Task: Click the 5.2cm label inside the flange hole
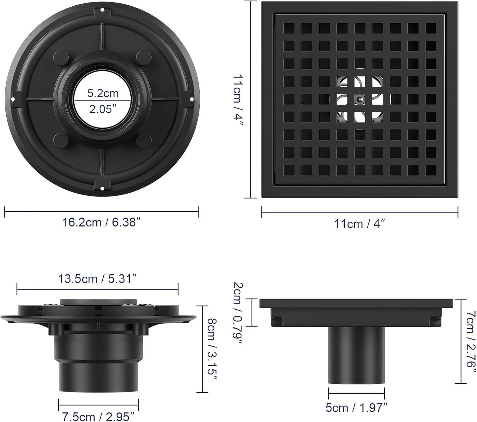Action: pos(103,93)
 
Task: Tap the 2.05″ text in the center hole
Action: pos(103,109)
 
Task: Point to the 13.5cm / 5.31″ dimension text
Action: pos(97,279)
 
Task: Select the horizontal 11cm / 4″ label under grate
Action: pos(359,224)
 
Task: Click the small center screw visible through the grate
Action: pos(359,99)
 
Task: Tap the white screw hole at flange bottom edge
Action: pos(102,189)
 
